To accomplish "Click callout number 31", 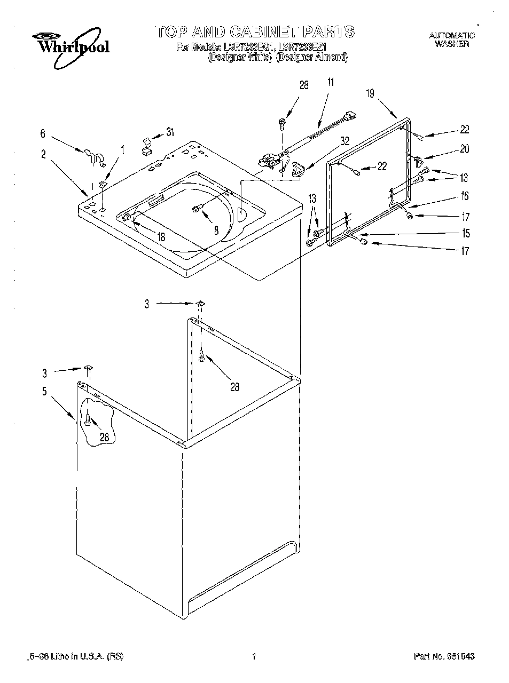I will pyautogui.click(x=170, y=132).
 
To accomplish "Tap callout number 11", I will pyautogui.click(x=331, y=82).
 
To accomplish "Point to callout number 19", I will pyautogui.click(x=370, y=93).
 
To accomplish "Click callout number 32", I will pyautogui.click(x=344, y=141).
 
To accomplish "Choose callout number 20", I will pyautogui.click(x=464, y=149).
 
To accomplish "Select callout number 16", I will pyautogui.click(x=464, y=196).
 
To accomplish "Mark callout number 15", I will pyautogui.click(x=466, y=233).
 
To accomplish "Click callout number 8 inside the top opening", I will pyautogui.click(x=216, y=231).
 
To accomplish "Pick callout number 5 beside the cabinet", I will pyautogui.click(x=44, y=392).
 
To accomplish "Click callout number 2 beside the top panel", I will pyautogui.click(x=43, y=155).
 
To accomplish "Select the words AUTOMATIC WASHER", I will pyautogui.click(x=452, y=40).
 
